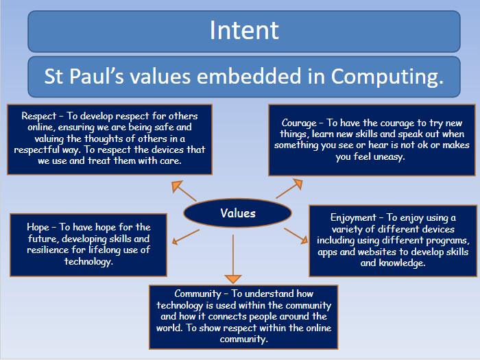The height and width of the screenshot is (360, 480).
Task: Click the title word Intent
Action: [x=244, y=30]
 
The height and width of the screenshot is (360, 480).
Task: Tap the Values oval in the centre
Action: [x=237, y=213]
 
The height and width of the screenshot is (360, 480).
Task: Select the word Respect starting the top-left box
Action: [x=39, y=116]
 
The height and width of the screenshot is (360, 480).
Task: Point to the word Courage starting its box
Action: [x=299, y=123]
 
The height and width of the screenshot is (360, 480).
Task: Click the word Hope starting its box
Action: [x=38, y=228]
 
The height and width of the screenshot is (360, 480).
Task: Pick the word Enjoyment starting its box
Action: [x=353, y=218]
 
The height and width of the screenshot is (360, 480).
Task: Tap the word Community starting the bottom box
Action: [x=197, y=294]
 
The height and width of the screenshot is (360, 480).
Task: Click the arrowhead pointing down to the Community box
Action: [x=233, y=279]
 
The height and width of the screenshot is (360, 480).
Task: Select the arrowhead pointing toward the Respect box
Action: [x=176, y=185]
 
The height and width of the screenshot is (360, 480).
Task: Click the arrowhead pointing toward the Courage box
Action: [x=298, y=184]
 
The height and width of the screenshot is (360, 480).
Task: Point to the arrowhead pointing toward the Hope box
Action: [x=175, y=241]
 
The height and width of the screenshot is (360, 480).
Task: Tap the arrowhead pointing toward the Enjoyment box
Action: [x=304, y=240]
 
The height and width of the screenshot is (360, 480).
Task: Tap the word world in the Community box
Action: [x=169, y=328]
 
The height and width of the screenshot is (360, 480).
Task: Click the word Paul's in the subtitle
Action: [x=97, y=76]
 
